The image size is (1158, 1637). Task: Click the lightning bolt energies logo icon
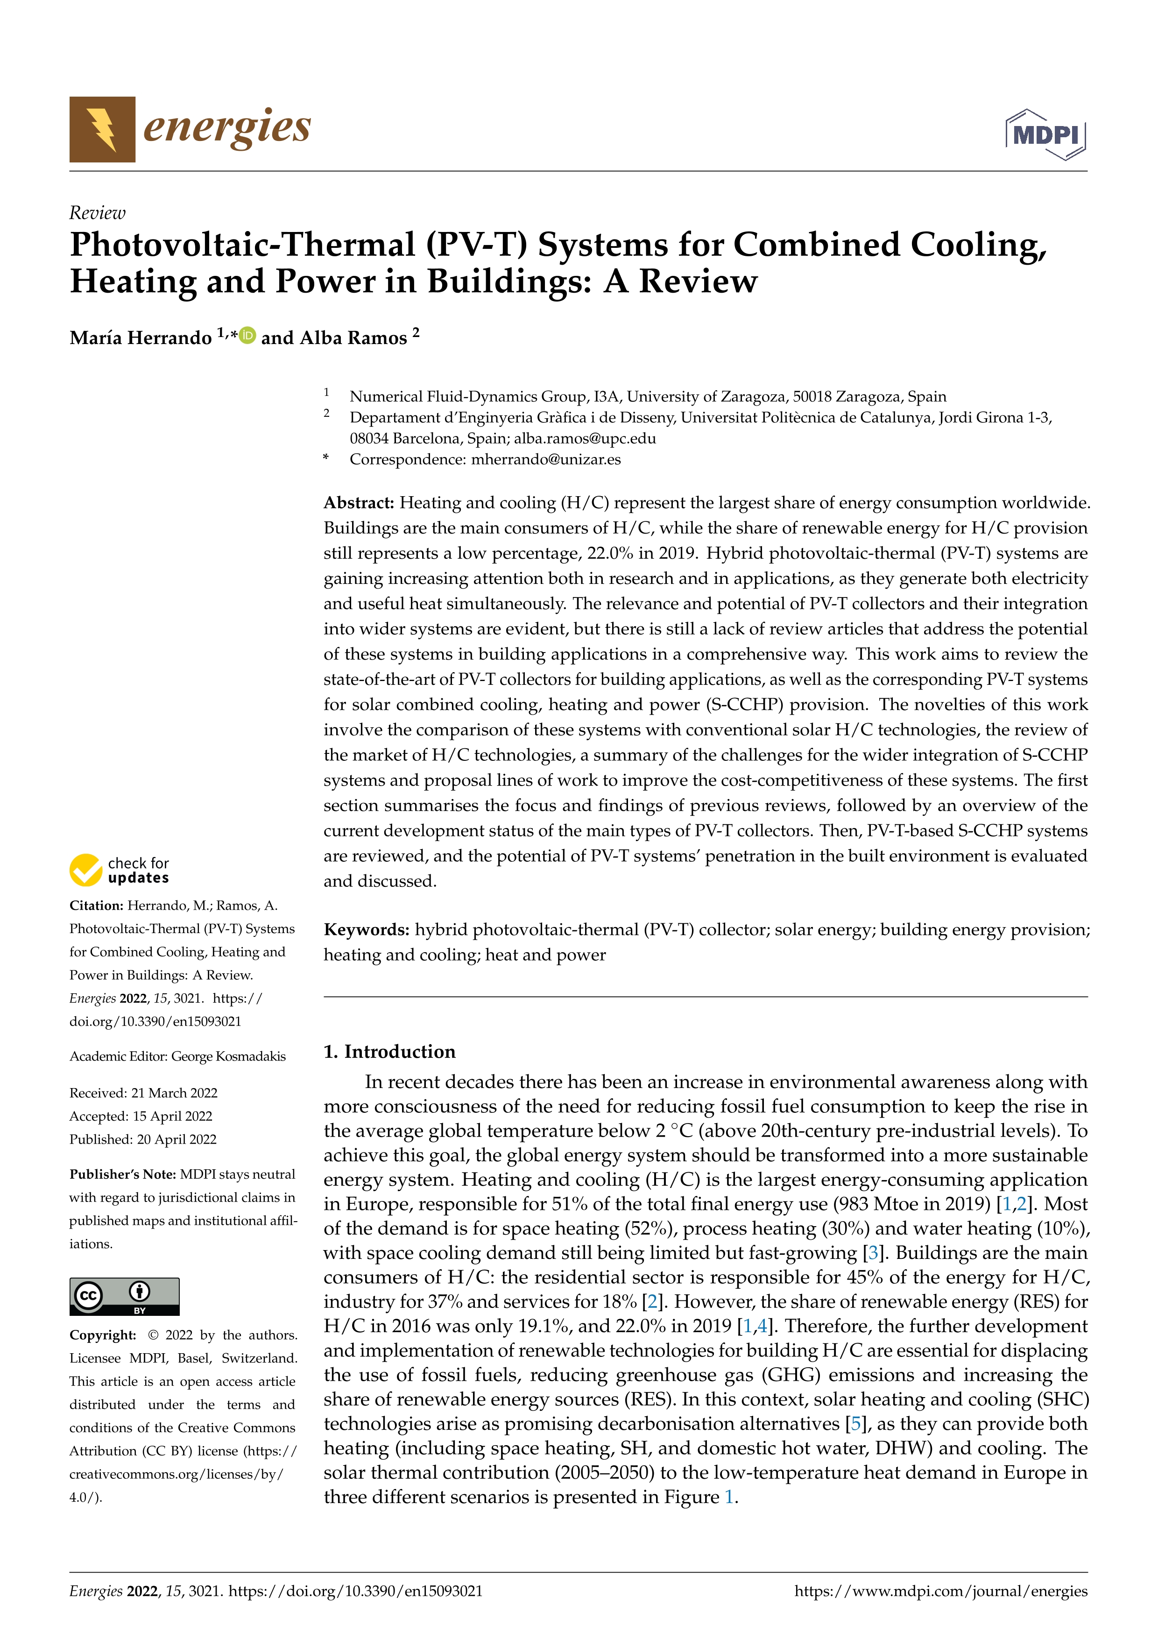102,129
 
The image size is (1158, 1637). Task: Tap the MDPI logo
1045,134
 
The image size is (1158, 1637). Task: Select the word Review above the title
97,213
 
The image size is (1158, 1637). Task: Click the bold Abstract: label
359,503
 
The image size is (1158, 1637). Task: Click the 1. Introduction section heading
389,1052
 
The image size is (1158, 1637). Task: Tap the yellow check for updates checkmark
85,870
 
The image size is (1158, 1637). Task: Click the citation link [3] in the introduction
873,1253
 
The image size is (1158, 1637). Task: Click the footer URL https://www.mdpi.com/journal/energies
940,1591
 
